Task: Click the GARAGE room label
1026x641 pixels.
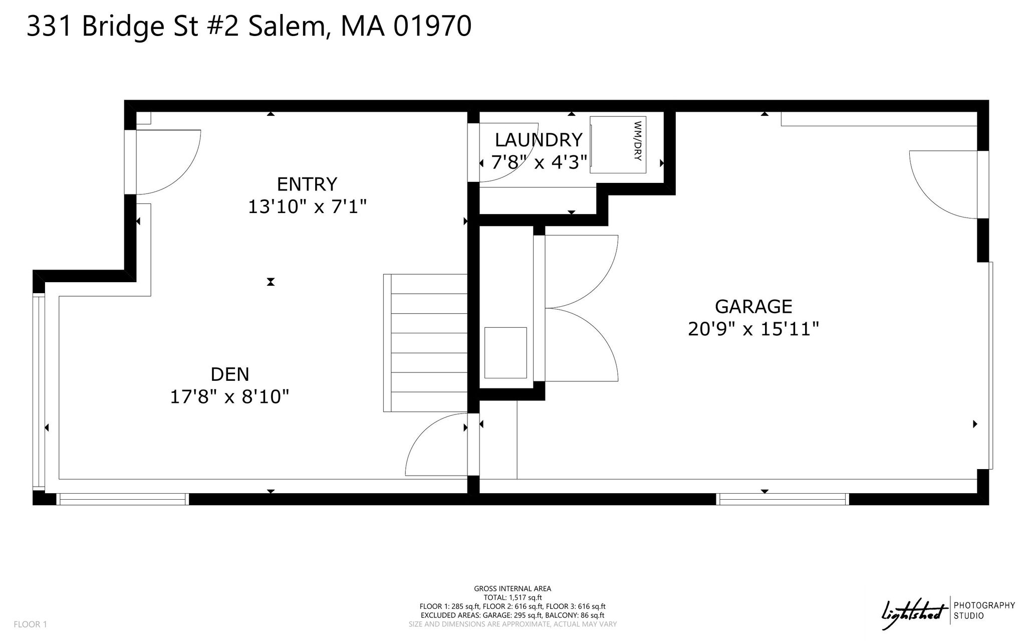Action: point(753,306)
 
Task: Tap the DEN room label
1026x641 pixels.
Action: point(230,374)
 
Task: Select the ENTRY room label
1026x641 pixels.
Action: point(307,184)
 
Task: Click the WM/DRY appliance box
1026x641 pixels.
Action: point(618,145)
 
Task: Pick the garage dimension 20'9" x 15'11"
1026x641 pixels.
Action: point(753,329)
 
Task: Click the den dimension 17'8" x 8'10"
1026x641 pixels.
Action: point(230,397)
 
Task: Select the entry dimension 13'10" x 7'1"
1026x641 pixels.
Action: point(308,206)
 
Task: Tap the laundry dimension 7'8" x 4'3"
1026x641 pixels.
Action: point(539,162)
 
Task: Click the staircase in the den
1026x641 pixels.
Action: point(425,343)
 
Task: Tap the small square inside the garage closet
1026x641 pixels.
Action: point(505,353)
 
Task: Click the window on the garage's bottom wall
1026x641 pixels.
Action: point(783,499)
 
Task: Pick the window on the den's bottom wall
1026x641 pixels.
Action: point(123,499)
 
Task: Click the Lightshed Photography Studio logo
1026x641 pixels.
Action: point(948,611)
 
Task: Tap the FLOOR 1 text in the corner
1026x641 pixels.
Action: point(30,624)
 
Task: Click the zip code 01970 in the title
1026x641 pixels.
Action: point(432,26)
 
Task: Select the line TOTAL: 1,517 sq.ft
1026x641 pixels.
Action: point(512,597)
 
